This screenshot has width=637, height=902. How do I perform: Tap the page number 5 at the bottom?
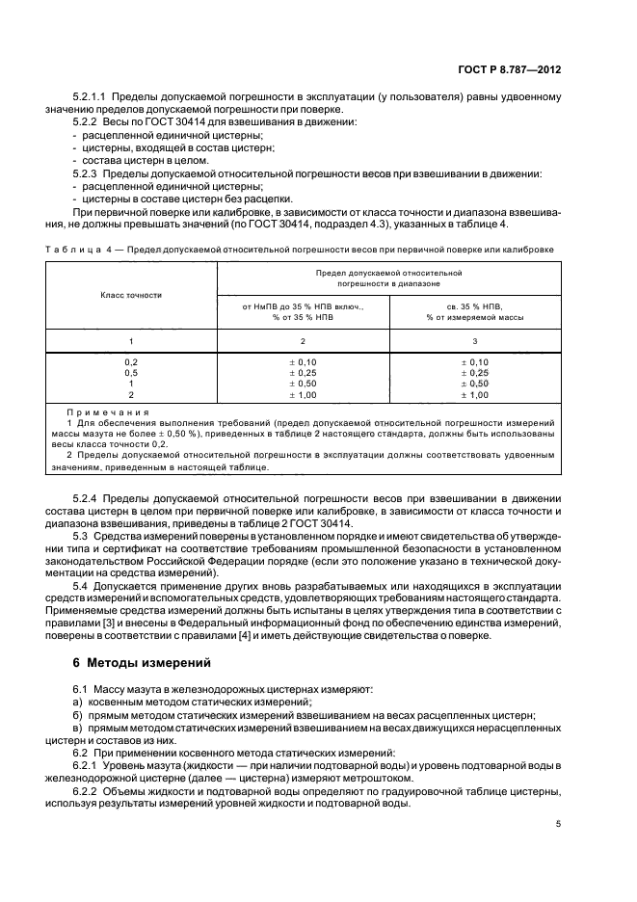tap(559, 824)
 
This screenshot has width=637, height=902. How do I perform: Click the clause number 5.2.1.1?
tap(93, 97)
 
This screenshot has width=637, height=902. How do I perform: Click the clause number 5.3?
tap(81, 533)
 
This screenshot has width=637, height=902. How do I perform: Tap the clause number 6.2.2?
tap(88, 792)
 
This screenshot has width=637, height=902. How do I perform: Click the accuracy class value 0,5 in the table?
tap(131, 372)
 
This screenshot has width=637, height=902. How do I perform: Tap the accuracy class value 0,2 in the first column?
tap(131, 360)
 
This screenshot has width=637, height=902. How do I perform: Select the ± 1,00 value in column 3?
tap(474, 395)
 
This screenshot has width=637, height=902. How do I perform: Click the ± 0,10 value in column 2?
tap(303, 360)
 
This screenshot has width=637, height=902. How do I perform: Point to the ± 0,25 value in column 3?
tap(474, 372)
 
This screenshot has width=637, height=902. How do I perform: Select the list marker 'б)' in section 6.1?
tap(78, 717)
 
